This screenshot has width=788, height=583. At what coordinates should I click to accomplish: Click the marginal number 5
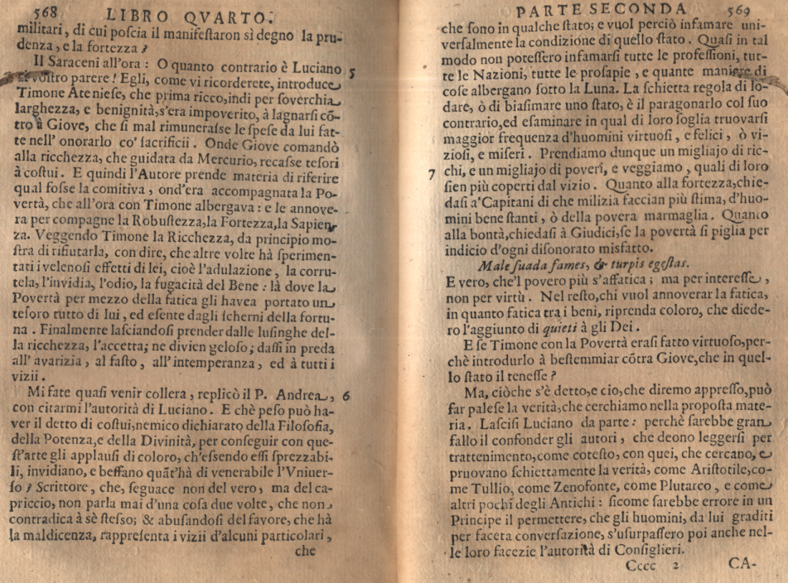[x=353, y=73]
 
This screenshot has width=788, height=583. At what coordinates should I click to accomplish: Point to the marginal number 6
[x=347, y=397]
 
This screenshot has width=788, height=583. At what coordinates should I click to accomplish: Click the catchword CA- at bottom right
[x=745, y=564]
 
